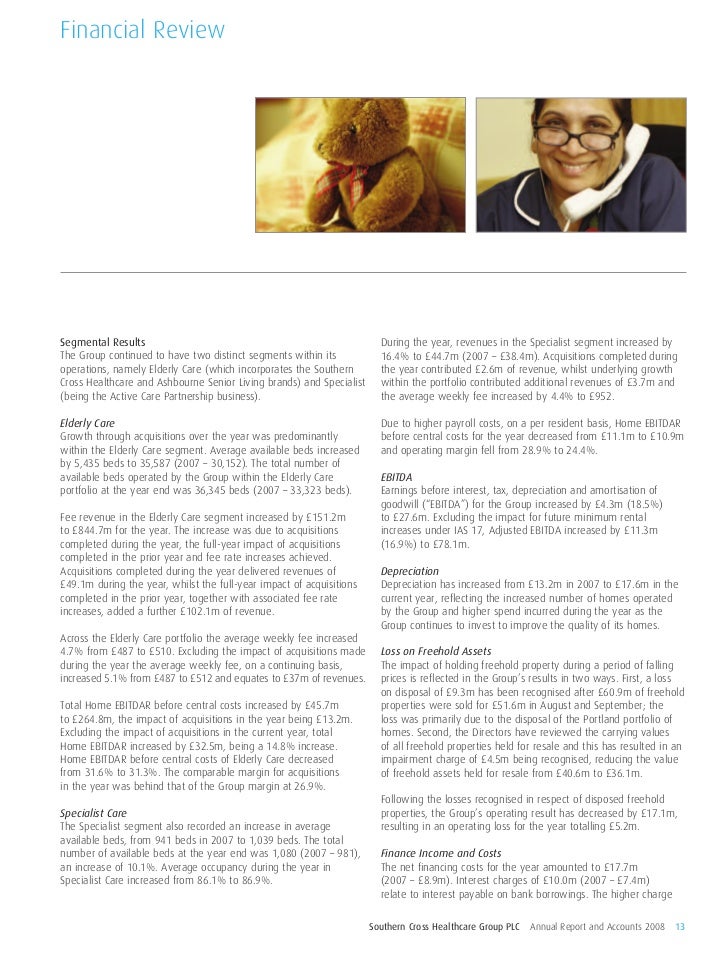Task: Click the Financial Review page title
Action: pos(141,32)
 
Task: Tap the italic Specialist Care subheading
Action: pos(94,814)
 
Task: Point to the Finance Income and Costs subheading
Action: pos(441,853)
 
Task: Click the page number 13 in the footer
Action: pos(680,922)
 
